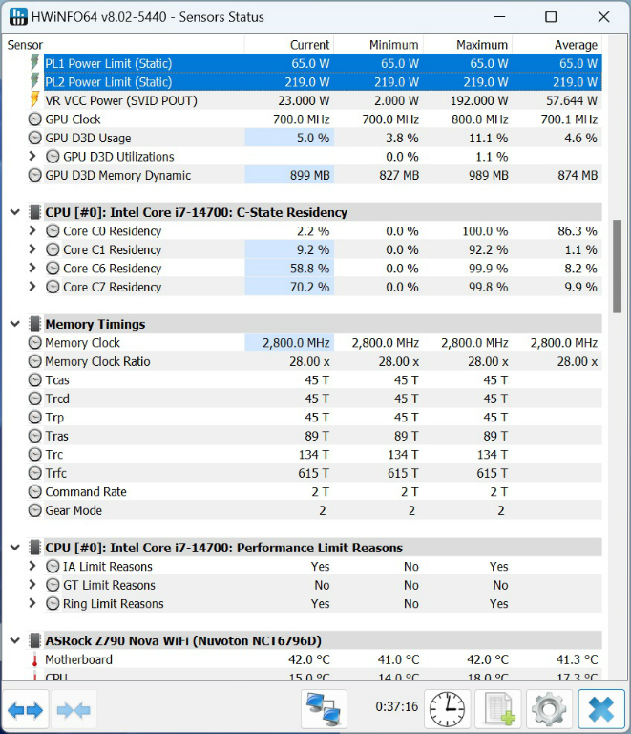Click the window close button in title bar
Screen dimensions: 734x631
601,17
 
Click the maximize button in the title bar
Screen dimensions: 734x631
551,17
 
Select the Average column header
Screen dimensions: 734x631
576,45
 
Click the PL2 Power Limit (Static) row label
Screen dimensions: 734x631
108,82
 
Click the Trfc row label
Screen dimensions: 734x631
56,473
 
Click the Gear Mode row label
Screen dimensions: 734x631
74,510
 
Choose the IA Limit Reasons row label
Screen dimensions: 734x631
107,567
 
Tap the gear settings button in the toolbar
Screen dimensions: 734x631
549,709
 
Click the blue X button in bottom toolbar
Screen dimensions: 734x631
601,709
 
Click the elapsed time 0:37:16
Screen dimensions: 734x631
396,707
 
